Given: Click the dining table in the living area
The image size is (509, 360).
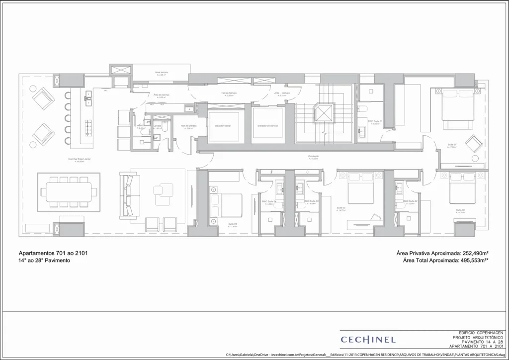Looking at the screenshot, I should coord(69,191).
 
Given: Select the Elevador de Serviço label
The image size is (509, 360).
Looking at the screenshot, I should coord(267,126).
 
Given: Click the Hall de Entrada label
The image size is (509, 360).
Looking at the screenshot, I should coord(188,126).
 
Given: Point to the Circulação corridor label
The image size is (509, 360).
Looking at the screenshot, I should coord(313,156).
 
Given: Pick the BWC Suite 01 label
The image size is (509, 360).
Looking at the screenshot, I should coord(374,121).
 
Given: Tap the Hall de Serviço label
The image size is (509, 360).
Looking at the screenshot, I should coord(229,93).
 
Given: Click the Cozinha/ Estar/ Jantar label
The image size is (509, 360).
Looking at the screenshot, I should coord(80,160).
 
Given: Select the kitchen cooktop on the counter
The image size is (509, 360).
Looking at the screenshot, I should coord(89,128).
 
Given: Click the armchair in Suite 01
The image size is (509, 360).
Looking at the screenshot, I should coord(473,144).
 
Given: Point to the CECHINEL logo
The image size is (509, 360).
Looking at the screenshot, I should coord(368,340).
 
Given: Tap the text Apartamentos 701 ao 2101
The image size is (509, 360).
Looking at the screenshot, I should coord(53,253).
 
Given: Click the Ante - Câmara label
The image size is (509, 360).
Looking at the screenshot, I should coord(282,93).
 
